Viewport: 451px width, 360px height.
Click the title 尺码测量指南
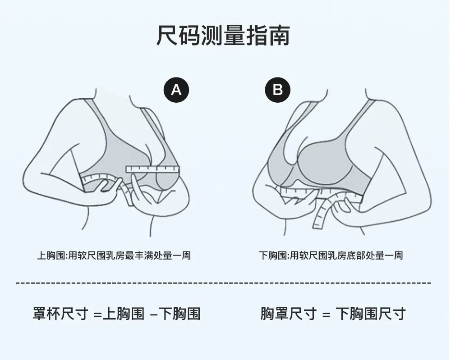tap(223, 35)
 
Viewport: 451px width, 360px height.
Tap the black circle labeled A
tap(176, 90)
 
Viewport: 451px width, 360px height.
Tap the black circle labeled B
tap(277, 90)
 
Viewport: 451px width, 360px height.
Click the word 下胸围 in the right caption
tap(273, 255)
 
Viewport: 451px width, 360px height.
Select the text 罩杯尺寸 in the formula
tap(60, 313)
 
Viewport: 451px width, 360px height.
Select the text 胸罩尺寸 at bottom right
tap(289, 313)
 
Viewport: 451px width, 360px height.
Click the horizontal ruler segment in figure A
tap(153, 169)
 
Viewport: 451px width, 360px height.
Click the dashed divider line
tap(223, 283)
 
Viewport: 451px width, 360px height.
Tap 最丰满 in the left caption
tap(139, 255)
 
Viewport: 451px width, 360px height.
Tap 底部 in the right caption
tap(365, 255)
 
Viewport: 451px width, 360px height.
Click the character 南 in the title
tap(279, 35)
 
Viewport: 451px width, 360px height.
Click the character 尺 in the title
tap(167, 35)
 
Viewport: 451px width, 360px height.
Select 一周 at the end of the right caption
tap(393, 255)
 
